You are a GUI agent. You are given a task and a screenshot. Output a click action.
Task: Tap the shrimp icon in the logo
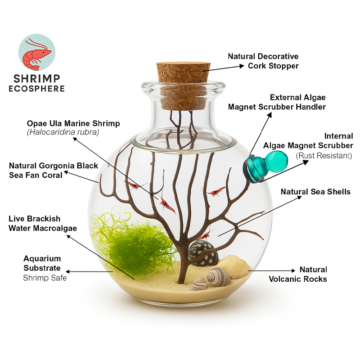(x=37, y=50)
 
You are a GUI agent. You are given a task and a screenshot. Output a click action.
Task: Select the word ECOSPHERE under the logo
(x=37, y=88)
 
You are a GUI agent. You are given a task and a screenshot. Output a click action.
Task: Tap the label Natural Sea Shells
(x=315, y=192)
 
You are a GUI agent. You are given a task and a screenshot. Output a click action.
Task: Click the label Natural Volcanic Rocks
(x=298, y=274)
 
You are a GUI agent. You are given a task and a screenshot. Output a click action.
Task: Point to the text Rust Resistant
(x=324, y=156)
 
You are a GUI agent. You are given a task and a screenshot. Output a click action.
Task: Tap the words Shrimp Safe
(x=45, y=278)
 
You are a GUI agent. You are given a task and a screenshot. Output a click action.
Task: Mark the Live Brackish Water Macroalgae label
(x=43, y=224)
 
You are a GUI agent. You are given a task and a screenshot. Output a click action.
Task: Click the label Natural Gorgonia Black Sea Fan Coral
(x=54, y=171)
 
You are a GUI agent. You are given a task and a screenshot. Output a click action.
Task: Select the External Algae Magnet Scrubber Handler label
(x=277, y=102)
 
